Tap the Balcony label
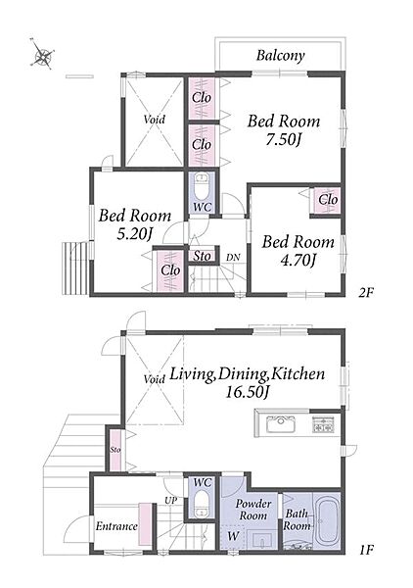[281, 56]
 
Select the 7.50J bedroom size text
[284, 140]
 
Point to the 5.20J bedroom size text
[134, 234]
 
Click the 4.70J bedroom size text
[298, 261]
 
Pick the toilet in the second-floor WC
[203, 186]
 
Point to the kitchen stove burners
[323, 424]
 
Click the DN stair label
[233, 258]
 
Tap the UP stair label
[170, 500]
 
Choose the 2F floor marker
[366, 292]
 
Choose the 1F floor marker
[367, 550]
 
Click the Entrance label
[116, 526]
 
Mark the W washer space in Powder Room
[233, 536]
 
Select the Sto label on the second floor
[203, 256]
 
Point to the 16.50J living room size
[248, 392]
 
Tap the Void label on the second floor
[155, 120]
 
